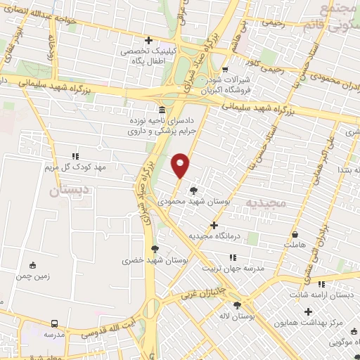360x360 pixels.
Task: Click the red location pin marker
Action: (x=181, y=165)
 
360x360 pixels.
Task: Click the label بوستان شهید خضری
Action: (x=155, y=259)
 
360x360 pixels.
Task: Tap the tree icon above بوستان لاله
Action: (x=236, y=305)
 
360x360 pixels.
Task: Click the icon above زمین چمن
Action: (x=32, y=265)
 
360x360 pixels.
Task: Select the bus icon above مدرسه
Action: (x=55, y=324)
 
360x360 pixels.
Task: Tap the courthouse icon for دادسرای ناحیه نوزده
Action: (x=162, y=110)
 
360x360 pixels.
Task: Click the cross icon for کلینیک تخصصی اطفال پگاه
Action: (x=148, y=40)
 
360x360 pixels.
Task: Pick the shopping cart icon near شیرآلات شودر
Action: (x=224, y=70)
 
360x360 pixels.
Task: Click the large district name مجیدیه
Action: (x=262, y=203)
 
